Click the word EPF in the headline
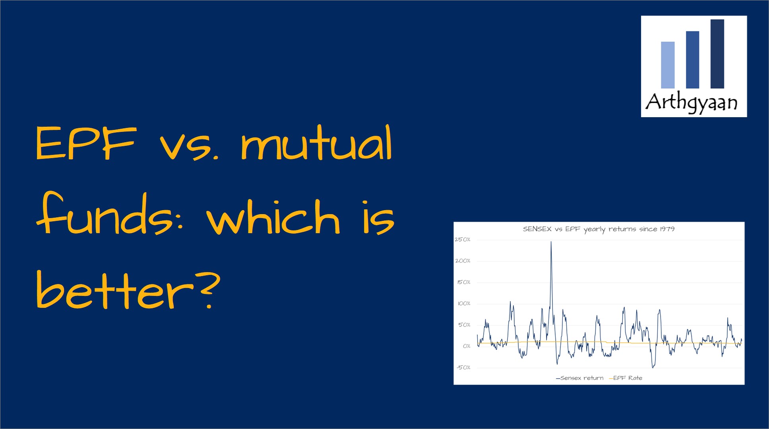(x=86, y=143)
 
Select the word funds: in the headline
(x=110, y=214)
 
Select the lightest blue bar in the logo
(x=668, y=65)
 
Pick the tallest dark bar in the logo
(x=717, y=54)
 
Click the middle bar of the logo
(x=692, y=60)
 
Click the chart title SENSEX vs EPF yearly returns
(x=599, y=229)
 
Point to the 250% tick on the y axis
(x=463, y=240)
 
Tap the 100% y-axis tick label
(x=464, y=303)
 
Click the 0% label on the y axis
(x=467, y=346)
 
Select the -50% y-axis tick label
(x=463, y=367)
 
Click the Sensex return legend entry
(x=579, y=378)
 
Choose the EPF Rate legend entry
(x=626, y=378)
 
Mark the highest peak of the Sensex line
(x=551, y=242)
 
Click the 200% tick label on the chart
(x=463, y=261)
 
